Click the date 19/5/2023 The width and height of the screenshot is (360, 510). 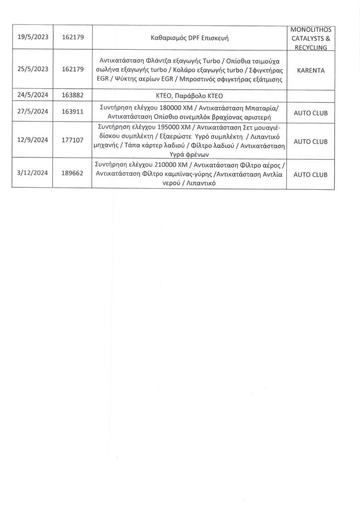click(33, 37)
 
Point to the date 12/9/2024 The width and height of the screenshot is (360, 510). click(33, 141)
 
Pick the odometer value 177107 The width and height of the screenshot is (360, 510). click(73, 141)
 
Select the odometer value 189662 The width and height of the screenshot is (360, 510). click(73, 175)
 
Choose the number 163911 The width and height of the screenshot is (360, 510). click(73, 113)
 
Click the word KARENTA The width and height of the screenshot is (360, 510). click(310, 70)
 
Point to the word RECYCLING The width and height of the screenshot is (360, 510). click(310, 47)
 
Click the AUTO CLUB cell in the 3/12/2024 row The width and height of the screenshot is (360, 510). click(310, 175)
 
